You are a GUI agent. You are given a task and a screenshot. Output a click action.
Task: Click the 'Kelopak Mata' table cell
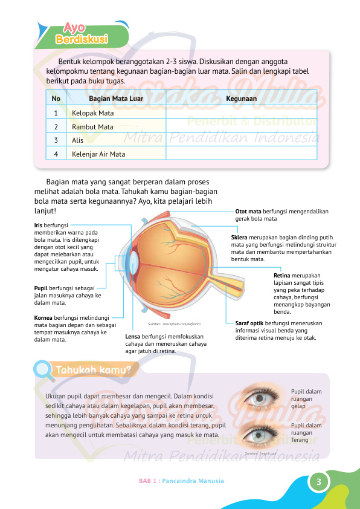[x=116, y=113]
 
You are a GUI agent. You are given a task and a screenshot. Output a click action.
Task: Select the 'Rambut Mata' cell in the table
[x=116, y=126]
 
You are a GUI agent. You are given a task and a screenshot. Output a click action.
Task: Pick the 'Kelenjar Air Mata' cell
[x=116, y=154]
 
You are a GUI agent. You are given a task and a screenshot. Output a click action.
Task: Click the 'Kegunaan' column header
[x=241, y=99]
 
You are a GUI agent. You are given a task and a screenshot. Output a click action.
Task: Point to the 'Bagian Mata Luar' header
[x=116, y=99]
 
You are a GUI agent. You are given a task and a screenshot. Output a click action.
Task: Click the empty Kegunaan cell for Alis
[x=241, y=140]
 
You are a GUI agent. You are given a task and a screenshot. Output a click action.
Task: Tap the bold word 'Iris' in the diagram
[x=38, y=225]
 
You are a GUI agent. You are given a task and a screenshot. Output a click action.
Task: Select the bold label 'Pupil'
[x=40, y=288]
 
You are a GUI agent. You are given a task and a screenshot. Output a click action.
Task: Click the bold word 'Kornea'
[x=43, y=318]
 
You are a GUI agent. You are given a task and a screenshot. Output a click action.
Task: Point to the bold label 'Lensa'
[x=133, y=337]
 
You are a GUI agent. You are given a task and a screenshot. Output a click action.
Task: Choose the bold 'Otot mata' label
[x=248, y=212]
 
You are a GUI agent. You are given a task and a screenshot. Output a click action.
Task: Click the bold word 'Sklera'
[x=239, y=238]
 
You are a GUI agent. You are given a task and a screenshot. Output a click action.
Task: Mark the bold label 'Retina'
[x=283, y=276]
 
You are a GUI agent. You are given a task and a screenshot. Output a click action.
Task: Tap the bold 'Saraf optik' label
[x=249, y=323]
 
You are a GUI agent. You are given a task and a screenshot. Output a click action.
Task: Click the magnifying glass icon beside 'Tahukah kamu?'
[x=43, y=371]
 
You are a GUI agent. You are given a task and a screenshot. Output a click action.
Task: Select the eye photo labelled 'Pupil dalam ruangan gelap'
[x=260, y=398]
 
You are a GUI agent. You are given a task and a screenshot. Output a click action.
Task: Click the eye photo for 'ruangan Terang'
[x=260, y=434]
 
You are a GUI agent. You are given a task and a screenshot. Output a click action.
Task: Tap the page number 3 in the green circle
[x=318, y=481]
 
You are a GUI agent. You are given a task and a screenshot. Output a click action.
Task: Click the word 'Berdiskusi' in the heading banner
[x=82, y=39]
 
